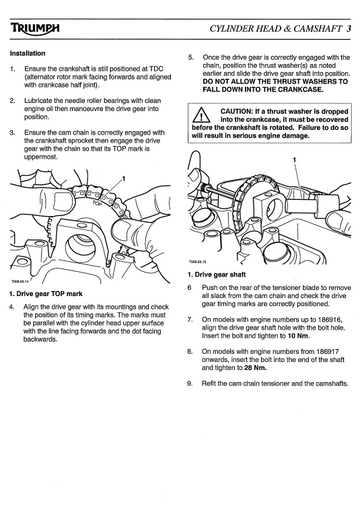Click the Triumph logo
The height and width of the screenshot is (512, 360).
click(x=35, y=29)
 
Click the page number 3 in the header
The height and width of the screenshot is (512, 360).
click(x=348, y=29)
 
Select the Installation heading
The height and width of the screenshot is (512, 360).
click(x=27, y=53)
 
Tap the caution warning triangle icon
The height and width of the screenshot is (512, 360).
click(x=201, y=115)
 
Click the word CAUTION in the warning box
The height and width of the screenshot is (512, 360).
click(x=236, y=111)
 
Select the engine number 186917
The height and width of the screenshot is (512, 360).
click(x=327, y=351)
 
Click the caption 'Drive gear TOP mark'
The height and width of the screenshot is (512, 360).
click(x=49, y=294)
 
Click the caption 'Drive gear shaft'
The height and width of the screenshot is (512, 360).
click(x=220, y=275)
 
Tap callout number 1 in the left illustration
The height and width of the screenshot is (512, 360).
click(x=123, y=179)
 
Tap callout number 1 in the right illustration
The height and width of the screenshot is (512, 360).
click(x=294, y=160)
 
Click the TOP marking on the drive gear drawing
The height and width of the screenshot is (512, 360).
click(x=97, y=202)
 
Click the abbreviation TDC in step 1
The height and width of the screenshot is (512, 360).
click(x=156, y=69)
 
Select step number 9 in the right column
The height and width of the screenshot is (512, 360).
click(x=190, y=384)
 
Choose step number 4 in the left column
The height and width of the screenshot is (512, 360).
click(x=12, y=307)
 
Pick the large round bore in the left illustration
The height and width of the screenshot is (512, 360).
click(x=81, y=248)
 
